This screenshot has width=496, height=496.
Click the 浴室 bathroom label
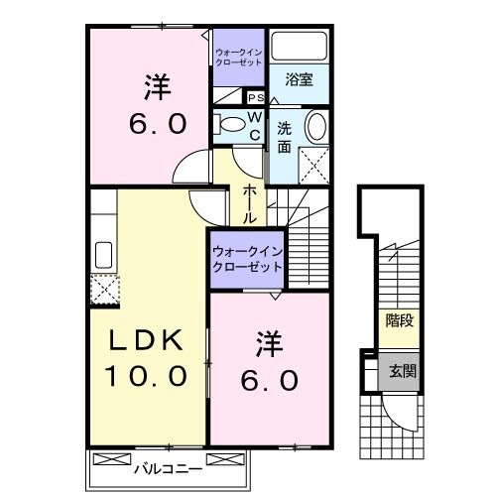tap(300, 79)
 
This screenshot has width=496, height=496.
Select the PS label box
tap(254, 97)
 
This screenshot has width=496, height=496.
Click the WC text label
tap(255, 126)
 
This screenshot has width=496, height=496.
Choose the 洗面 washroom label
tap(284, 137)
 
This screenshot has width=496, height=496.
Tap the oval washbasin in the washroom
tap(314, 127)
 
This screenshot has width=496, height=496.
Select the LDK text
tap(145, 340)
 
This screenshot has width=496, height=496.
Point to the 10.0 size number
tap(146, 377)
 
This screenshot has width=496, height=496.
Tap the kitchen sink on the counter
tap(102, 252)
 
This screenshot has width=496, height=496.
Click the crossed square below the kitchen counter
tap(103, 290)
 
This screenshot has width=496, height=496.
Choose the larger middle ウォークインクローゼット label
tap(247, 260)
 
